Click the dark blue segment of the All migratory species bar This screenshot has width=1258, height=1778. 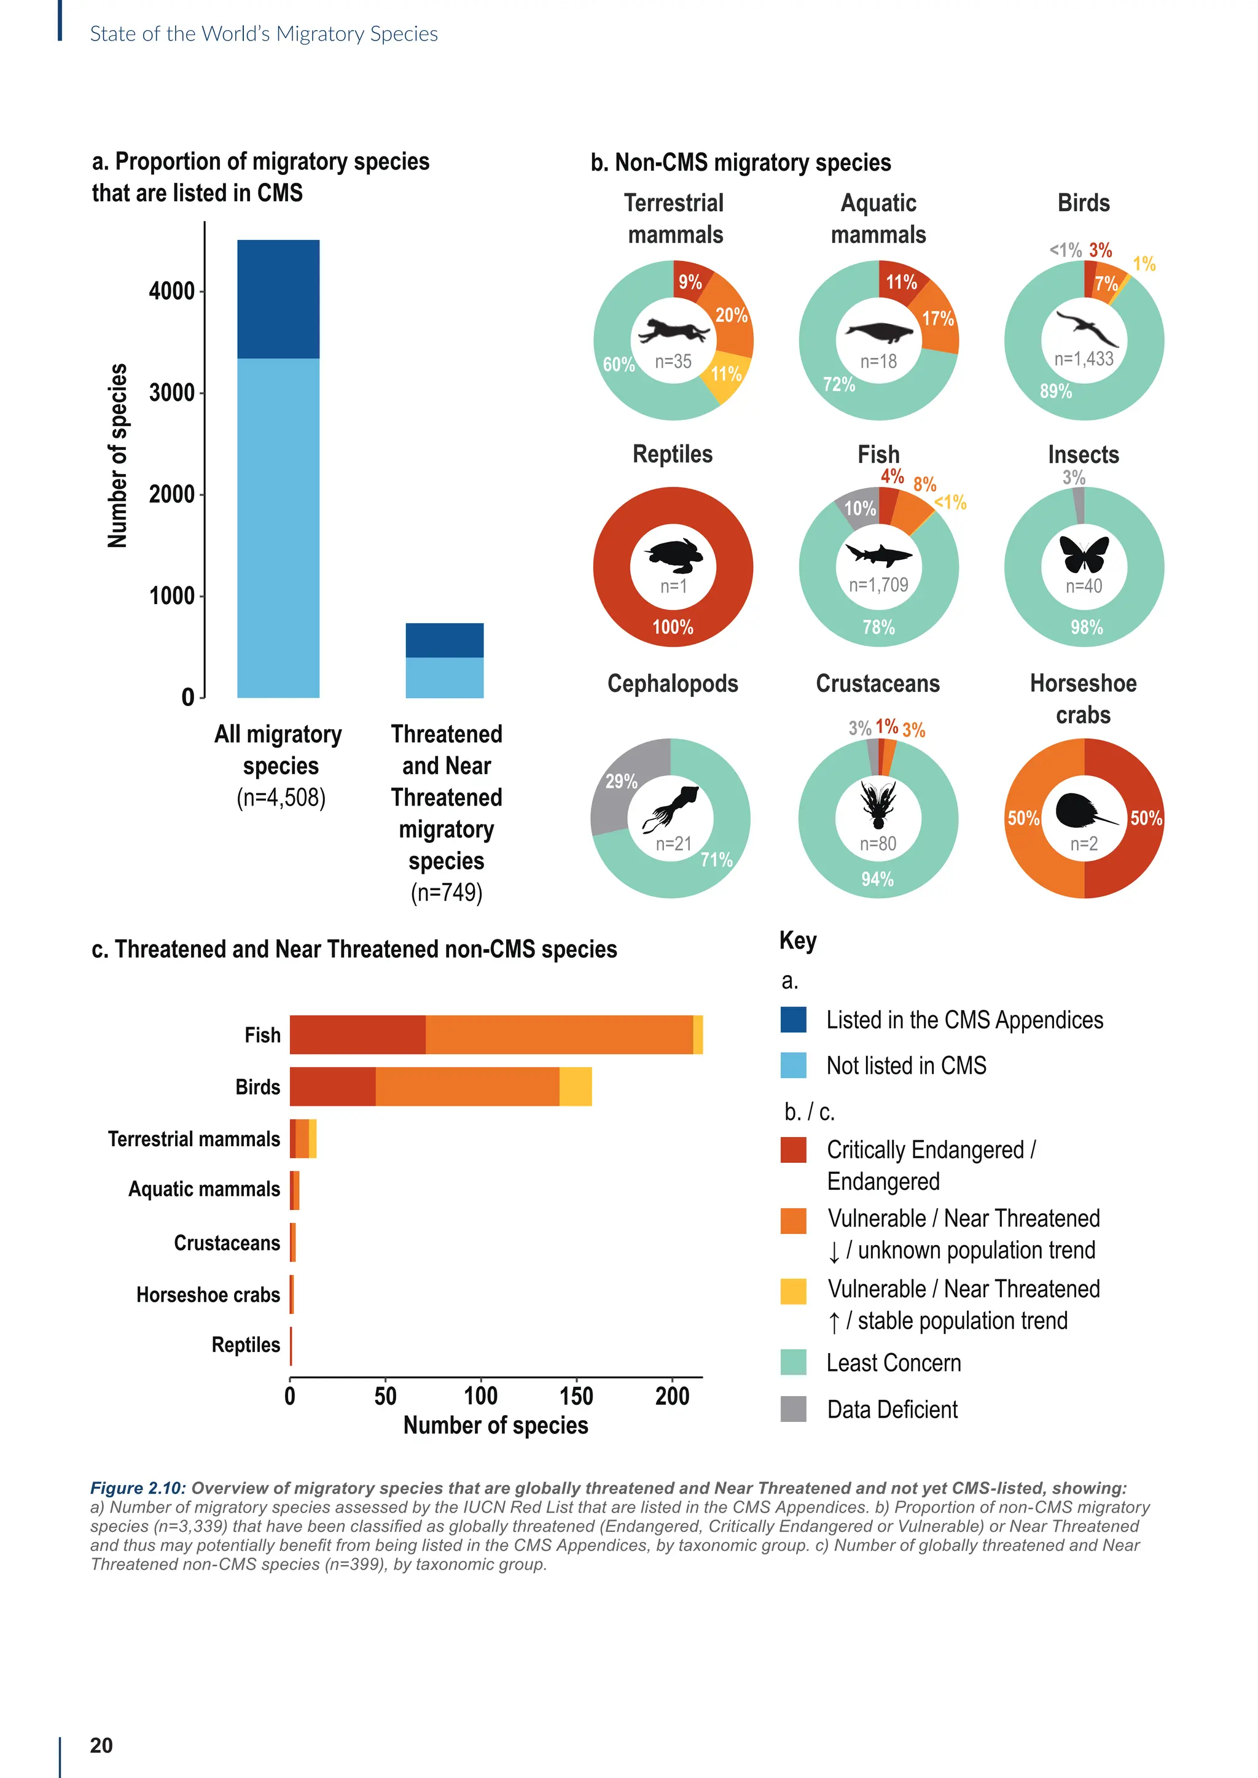point(278,299)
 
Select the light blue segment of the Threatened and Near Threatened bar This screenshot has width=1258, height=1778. point(445,678)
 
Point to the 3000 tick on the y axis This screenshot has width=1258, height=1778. point(172,392)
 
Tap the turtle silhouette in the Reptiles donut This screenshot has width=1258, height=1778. point(674,554)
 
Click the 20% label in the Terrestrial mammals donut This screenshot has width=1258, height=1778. point(730,315)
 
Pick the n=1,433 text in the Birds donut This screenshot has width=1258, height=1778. point(1084,359)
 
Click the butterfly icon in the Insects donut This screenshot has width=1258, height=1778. point(1084,553)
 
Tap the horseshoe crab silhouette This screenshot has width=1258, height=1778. point(1080,812)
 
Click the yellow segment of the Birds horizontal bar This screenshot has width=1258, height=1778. point(576,1087)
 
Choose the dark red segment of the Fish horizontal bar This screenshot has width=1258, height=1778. point(357,1035)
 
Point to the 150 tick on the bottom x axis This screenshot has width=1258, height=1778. point(576,1396)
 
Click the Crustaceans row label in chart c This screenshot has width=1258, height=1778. point(226,1243)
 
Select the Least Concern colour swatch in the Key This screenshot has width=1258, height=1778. point(793,1362)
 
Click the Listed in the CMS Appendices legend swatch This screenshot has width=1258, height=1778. point(793,1020)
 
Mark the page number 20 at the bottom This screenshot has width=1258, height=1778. point(101,1745)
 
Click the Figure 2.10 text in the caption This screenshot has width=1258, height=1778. point(136,1488)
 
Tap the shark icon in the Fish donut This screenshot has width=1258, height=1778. point(878,554)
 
